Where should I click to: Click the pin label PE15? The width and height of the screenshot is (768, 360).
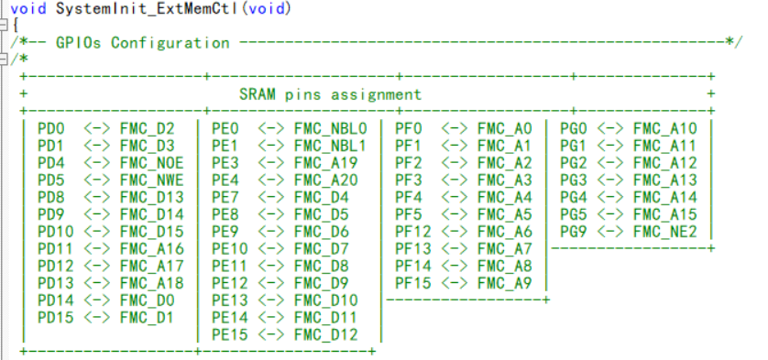pos(229,334)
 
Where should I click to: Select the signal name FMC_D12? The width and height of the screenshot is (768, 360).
pos(325,334)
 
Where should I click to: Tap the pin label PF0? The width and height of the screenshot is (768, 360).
pos(408,128)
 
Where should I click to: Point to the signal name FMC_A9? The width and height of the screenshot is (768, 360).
pos(504,283)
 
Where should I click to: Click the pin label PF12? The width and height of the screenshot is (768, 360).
pos(412,232)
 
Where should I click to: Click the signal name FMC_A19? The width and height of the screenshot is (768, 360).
pos(325,163)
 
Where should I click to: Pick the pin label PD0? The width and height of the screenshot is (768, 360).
pos(50,128)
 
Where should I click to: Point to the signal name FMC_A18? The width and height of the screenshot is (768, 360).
pos(151,283)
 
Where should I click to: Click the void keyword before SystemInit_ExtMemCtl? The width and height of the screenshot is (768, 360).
pos(27,8)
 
